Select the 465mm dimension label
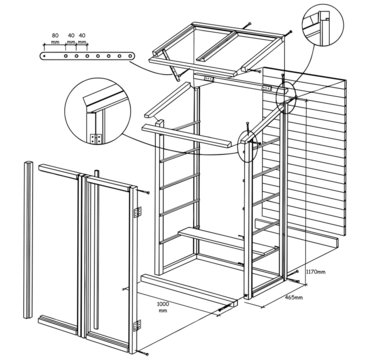click(294, 297)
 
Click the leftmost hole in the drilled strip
click(45, 58)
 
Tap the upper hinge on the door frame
click(136, 212)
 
